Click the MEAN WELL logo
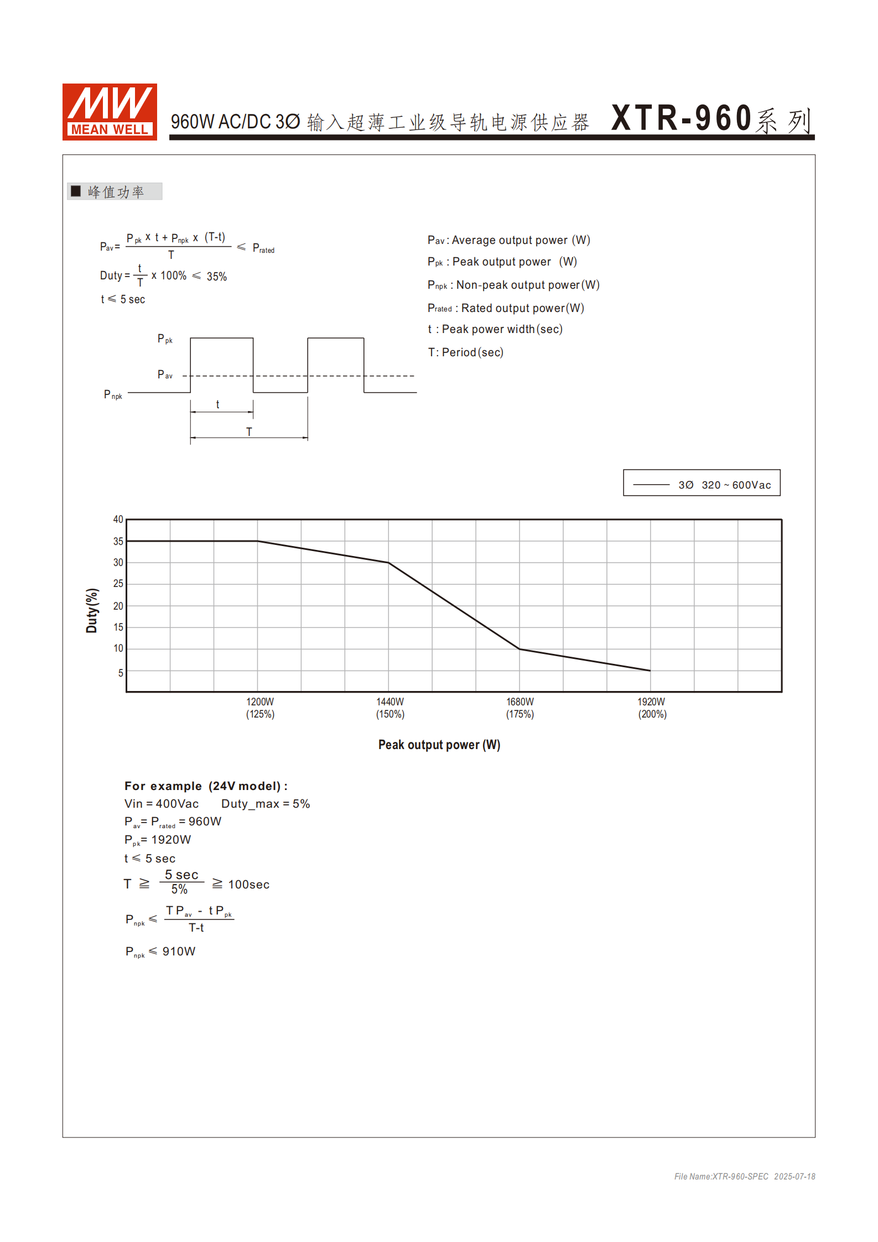click(110, 112)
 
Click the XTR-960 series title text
click(711, 118)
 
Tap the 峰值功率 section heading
click(115, 191)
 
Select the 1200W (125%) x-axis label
click(260, 708)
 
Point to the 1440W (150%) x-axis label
click(390, 708)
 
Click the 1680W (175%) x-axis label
click(520, 708)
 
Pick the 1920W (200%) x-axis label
click(652, 708)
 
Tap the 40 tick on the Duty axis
click(118, 519)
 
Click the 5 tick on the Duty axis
click(120, 673)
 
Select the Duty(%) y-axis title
click(92, 610)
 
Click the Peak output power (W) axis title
click(439, 745)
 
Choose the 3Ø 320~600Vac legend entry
click(702, 485)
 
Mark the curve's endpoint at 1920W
click(650, 671)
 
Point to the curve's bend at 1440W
click(389, 563)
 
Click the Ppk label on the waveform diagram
click(165, 339)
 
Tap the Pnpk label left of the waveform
click(113, 394)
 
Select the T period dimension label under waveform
click(249, 432)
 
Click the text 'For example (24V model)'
click(206, 786)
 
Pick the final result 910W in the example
click(179, 952)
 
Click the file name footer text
click(744, 1176)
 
